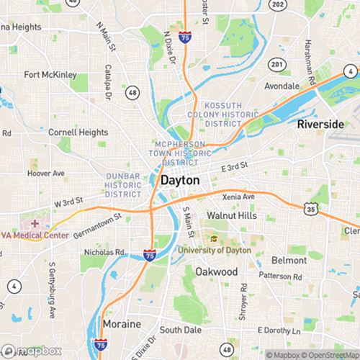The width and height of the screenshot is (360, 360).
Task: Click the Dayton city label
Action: (x=181, y=181)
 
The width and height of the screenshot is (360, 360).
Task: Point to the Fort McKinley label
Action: (x=50, y=74)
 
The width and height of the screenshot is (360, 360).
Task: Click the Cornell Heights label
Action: (x=77, y=132)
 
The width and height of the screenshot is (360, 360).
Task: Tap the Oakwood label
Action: (x=216, y=271)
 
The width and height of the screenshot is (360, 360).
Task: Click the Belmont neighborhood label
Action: (x=289, y=259)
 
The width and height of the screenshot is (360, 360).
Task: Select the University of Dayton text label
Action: (x=213, y=250)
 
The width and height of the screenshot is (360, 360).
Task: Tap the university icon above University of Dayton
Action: (x=213, y=238)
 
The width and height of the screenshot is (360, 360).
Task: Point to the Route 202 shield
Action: (x=277, y=4)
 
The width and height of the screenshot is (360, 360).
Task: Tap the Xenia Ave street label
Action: (x=238, y=197)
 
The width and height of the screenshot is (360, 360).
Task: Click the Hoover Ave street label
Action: (x=45, y=174)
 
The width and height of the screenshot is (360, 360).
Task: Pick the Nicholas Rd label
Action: (x=104, y=253)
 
